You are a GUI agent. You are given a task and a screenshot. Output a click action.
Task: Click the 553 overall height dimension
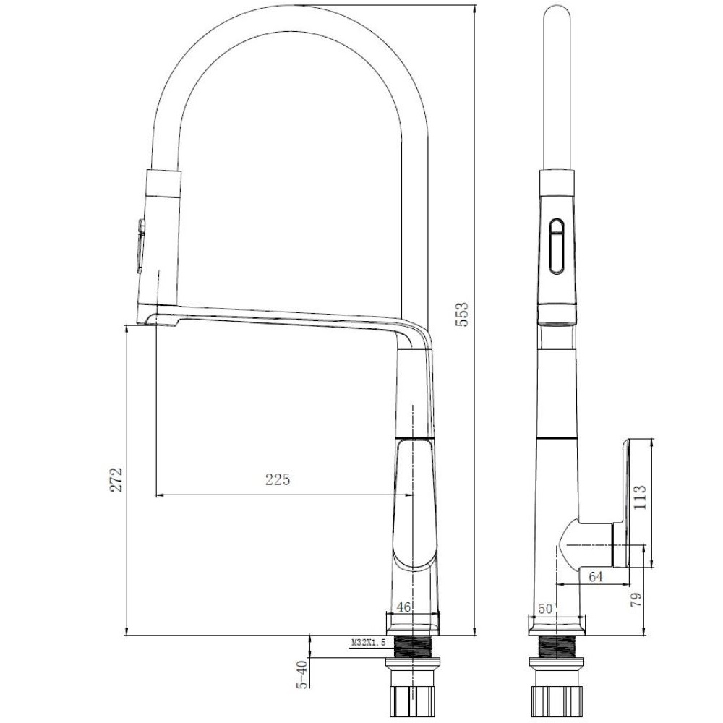point(461,315)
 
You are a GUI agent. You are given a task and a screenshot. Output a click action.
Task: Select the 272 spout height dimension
point(116,479)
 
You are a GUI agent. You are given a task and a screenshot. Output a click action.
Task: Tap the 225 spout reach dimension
point(278,479)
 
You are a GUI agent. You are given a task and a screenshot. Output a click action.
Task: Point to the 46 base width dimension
point(403,607)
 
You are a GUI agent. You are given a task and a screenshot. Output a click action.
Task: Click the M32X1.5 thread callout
point(369,642)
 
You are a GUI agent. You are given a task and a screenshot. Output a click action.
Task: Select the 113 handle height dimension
point(641,497)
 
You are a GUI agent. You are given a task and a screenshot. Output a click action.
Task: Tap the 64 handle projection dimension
point(596,577)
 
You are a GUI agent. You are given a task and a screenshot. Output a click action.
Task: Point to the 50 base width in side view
point(546,609)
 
